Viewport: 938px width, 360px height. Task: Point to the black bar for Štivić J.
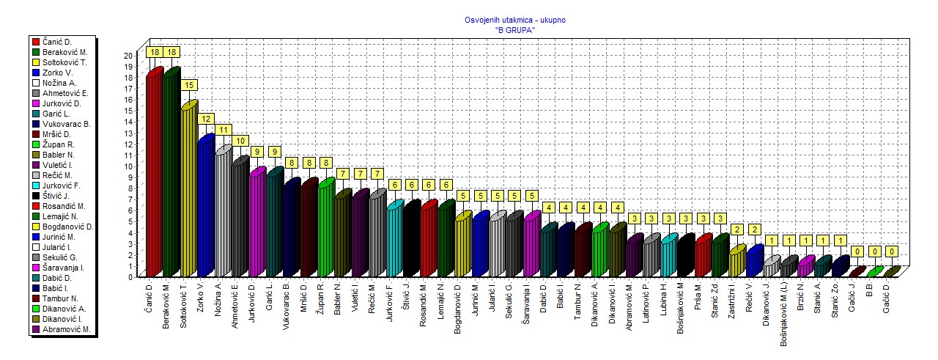click(412, 240)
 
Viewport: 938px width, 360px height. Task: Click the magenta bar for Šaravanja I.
click(531, 246)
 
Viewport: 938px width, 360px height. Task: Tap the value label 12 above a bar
click(206, 118)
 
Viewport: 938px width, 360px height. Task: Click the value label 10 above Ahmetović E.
click(240, 141)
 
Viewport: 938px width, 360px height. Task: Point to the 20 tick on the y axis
click(128, 55)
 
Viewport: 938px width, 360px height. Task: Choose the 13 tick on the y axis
click(128, 133)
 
